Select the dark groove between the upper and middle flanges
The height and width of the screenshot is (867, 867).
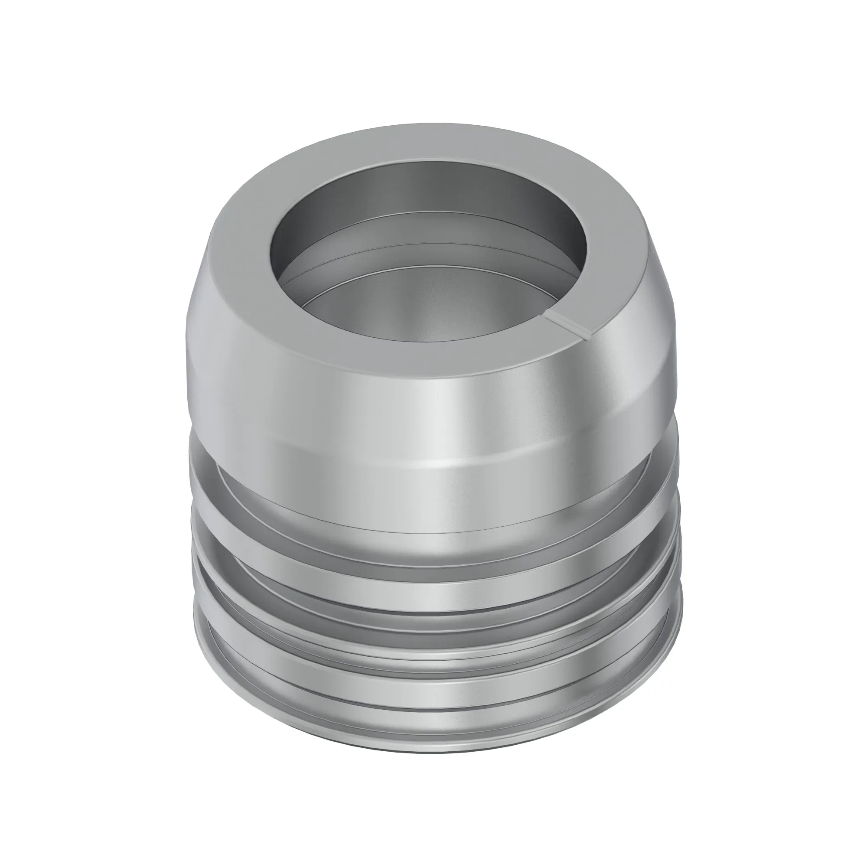[431, 583]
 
